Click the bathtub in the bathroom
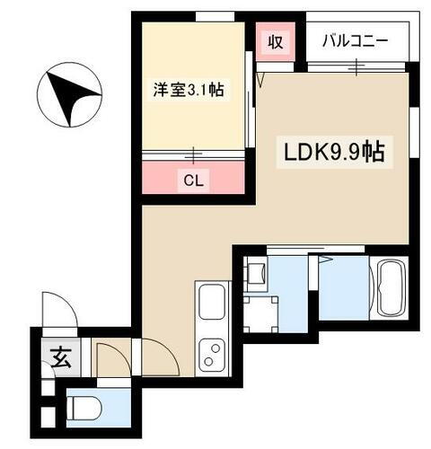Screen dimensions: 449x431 [x=391, y=286]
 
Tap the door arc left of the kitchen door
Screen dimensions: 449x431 [x=112, y=358]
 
